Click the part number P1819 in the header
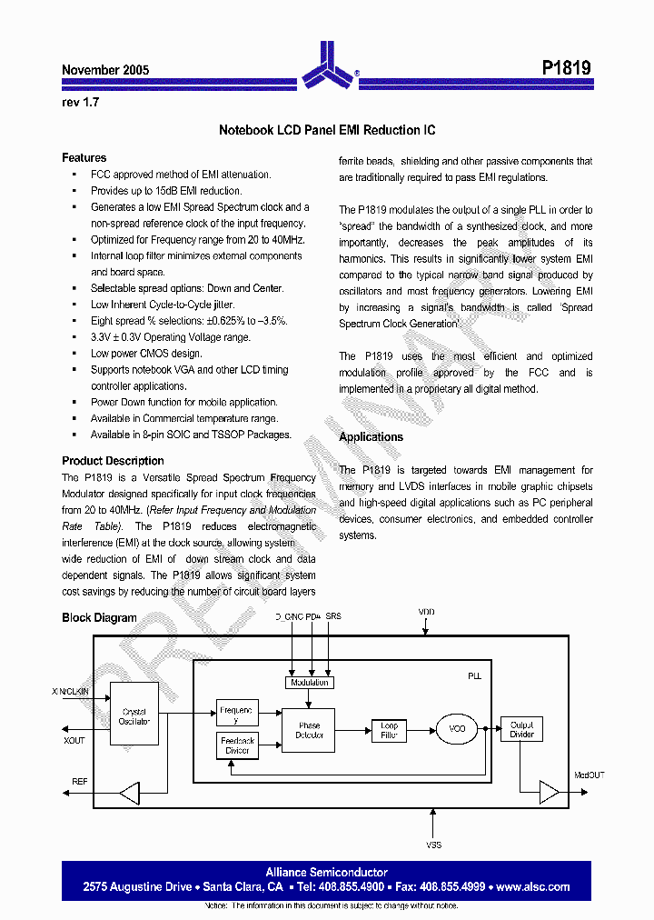click(566, 68)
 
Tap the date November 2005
click(105, 70)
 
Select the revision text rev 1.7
click(80, 103)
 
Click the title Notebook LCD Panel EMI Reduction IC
click(327, 131)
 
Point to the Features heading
click(84, 157)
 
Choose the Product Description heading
click(113, 461)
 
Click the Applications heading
click(371, 437)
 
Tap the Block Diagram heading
click(99, 618)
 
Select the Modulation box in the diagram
click(309, 682)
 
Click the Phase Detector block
click(309, 729)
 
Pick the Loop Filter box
click(389, 729)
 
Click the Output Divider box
click(521, 729)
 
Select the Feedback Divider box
click(238, 745)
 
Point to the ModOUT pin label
click(589, 775)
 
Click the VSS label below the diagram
click(434, 845)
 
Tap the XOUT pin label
click(74, 741)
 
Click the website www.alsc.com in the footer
click(533, 886)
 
